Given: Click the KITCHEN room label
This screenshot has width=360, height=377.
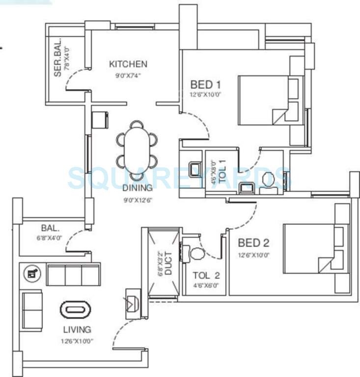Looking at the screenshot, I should coord(128,64).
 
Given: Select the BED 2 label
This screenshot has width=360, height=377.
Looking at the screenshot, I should coord(253,242).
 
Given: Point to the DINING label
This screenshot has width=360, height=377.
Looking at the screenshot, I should coord(138,188).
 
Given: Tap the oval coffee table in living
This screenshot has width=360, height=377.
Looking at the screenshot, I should coord(75,310).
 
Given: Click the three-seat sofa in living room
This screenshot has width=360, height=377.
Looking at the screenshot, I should coord(73,274).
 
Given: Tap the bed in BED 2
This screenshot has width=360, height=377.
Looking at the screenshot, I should coord(314,249).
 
